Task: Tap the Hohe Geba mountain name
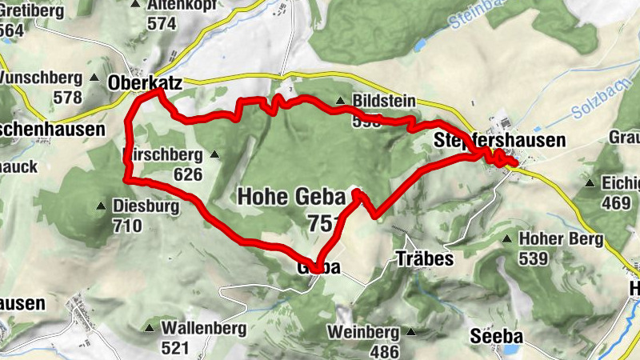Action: click(x=291, y=196)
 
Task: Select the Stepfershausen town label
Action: click(x=500, y=140)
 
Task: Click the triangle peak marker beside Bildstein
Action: click(x=341, y=101)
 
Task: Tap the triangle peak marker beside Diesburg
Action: click(x=102, y=206)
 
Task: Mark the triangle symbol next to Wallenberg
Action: click(x=150, y=327)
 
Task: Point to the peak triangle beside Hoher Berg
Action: click(x=507, y=238)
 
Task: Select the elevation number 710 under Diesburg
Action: click(x=127, y=226)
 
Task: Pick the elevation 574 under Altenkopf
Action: click(x=161, y=23)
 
